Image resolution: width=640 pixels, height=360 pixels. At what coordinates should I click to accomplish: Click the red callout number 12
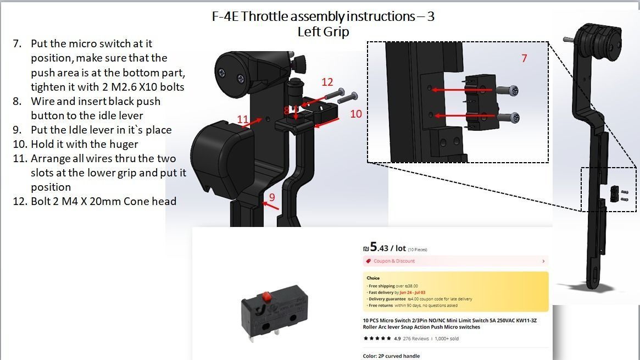327,82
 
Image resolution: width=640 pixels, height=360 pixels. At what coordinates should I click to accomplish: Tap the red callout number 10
356,114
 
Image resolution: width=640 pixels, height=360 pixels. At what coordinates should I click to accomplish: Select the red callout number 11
243,119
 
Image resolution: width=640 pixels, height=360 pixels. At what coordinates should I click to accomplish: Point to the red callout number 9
272,197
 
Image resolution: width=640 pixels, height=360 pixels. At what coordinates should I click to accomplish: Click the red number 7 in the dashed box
524,58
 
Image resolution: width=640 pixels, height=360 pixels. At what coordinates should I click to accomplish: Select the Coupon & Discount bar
454,261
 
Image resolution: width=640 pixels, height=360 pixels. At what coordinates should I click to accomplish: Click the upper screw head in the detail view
514,90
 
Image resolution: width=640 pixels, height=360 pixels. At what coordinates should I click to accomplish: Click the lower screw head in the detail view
514,117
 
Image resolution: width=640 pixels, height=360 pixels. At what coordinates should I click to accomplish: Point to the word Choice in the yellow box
373,278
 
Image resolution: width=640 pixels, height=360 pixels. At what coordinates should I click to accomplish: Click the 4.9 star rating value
397,339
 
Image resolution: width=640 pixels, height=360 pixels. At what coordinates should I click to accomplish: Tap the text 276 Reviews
416,339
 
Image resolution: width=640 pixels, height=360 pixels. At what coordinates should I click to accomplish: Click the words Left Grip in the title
323,32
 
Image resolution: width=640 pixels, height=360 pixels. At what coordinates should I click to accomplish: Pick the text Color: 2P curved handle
391,356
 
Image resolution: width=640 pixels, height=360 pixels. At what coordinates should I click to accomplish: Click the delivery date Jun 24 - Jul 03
412,292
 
